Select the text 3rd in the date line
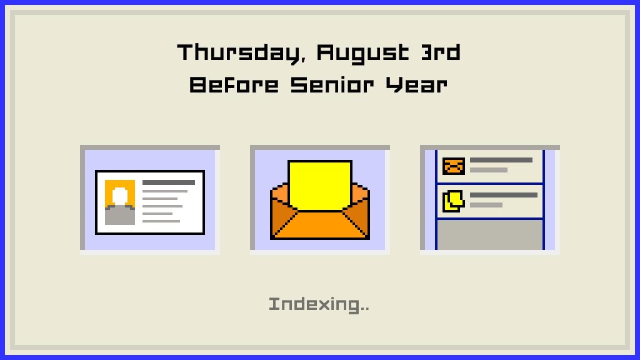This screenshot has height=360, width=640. (x=441, y=52)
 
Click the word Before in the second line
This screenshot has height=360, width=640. (x=234, y=85)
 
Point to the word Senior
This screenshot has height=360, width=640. (x=332, y=85)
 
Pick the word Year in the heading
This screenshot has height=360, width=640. (x=417, y=85)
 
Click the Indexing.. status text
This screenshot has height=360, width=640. (x=319, y=304)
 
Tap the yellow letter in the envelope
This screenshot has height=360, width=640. (x=320, y=185)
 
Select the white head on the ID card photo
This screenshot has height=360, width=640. (x=120, y=196)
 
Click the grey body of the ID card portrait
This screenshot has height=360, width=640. (x=120, y=216)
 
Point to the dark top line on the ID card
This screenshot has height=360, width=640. (x=169, y=182)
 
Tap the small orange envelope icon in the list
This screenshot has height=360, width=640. (x=454, y=166)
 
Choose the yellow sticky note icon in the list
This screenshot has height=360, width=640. (x=454, y=201)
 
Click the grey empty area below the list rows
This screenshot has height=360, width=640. (x=490, y=235)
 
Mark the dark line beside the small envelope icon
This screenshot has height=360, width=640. (x=501, y=160)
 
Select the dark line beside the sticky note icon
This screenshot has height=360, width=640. (x=504, y=195)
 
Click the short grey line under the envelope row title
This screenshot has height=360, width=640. (x=489, y=170)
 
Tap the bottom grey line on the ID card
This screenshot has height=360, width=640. (x=161, y=221)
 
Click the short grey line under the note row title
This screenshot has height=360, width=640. (x=486, y=205)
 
